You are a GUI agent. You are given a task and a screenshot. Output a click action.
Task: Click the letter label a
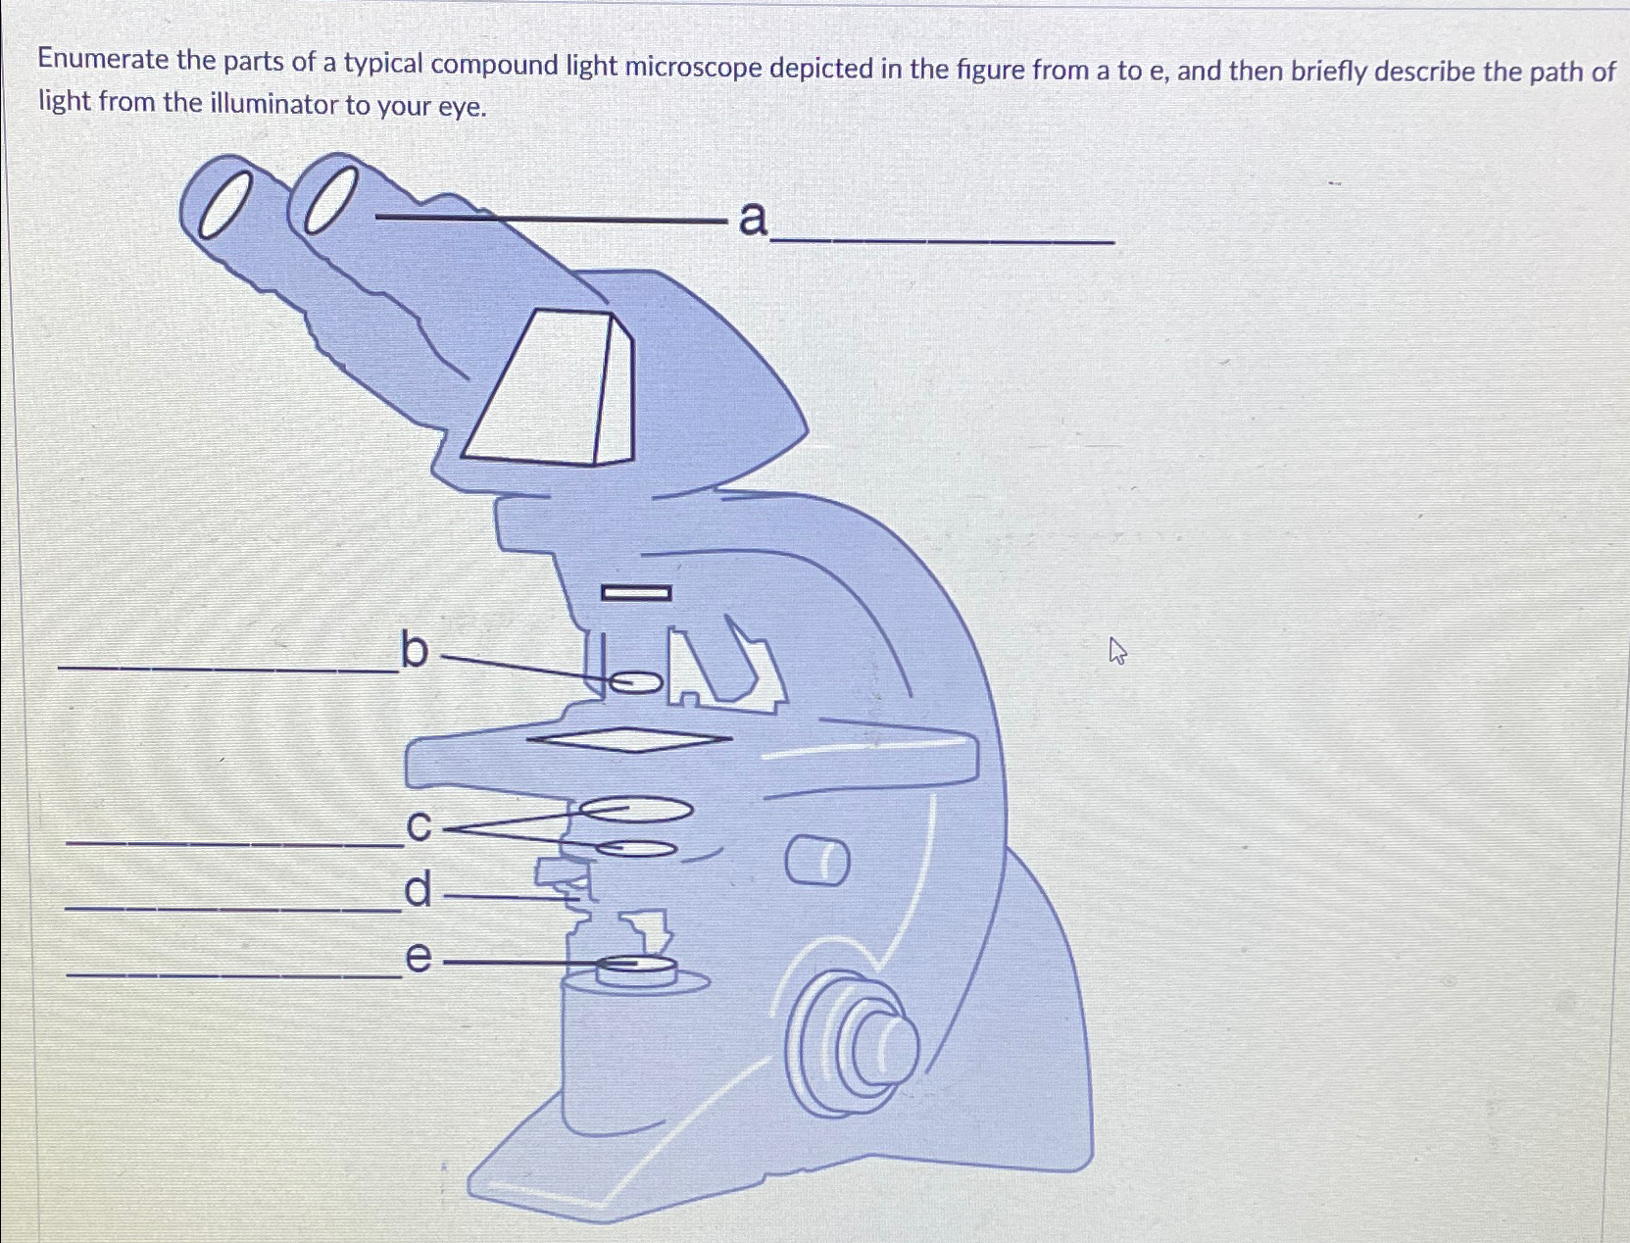(x=752, y=219)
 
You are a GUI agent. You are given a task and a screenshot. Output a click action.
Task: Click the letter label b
(x=415, y=650)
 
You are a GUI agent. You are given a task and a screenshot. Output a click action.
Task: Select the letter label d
(x=419, y=890)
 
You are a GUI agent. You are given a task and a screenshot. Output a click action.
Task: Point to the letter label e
(x=419, y=957)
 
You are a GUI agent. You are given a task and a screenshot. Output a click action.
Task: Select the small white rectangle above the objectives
(x=636, y=593)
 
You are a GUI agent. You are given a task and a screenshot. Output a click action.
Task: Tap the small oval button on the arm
(x=817, y=862)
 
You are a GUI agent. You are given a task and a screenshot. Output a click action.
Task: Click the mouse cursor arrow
(x=1117, y=650)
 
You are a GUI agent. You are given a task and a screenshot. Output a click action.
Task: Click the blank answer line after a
(x=941, y=240)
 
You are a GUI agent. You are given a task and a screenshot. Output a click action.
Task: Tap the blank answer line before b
(x=227, y=670)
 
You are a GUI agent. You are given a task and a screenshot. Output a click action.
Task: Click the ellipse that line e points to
(x=637, y=968)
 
